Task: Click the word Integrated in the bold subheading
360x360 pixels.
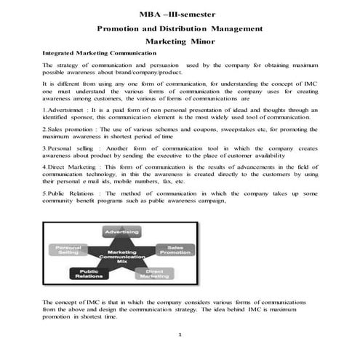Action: pos(60,55)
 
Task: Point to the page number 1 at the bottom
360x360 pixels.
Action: pos(179,334)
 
